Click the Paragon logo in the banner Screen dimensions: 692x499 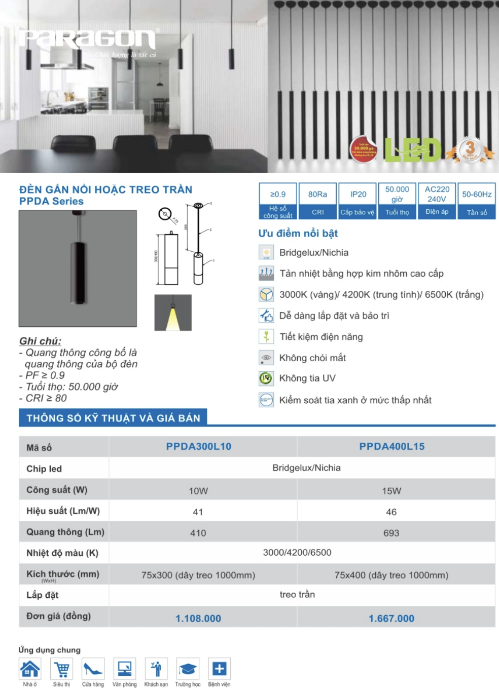[x=88, y=40]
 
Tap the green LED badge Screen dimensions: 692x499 [x=412, y=150]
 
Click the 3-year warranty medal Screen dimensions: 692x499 [x=470, y=150]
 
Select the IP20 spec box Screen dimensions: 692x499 [x=358, y=201]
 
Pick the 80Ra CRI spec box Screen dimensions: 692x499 [x=317, y=201]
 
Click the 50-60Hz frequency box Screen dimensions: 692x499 [x=477, y=201]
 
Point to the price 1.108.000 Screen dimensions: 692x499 [x=198, y=619]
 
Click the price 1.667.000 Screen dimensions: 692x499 [x=391, y=619]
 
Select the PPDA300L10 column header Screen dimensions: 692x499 [x=199, y=447]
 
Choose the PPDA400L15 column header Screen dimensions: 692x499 [x=392, y=447]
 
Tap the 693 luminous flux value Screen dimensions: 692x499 [x=391, y=533]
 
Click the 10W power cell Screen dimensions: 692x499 [x=198, y=491]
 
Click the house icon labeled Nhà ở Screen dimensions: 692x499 [x=30, y=669]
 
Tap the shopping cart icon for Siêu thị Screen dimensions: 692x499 [x=62, y=669]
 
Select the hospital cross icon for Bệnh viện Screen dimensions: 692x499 [x=219, y=669]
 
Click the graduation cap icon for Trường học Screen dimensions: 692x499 [x=188, y=669]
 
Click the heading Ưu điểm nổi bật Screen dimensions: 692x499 [x=298, y=234]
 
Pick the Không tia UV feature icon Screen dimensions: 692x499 [x=266, y=378]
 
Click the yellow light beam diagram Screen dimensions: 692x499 [x=173, y=313]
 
